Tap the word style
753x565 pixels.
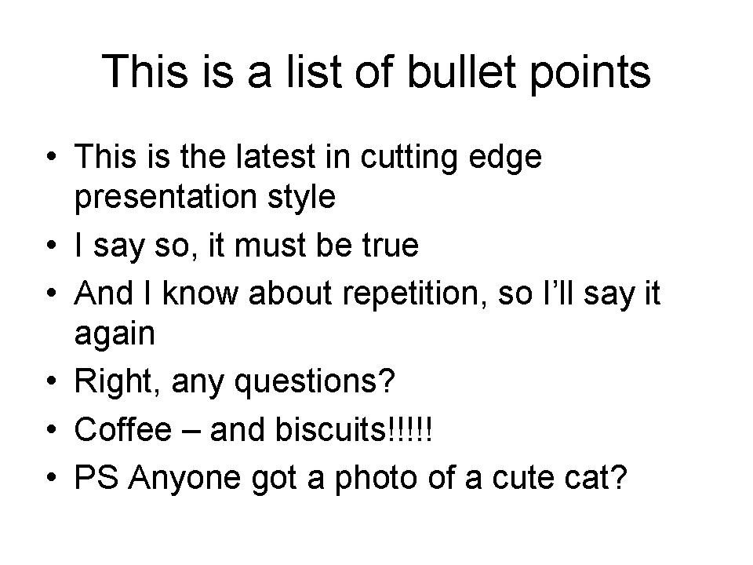[302, 197]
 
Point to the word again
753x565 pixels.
[115, 335]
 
